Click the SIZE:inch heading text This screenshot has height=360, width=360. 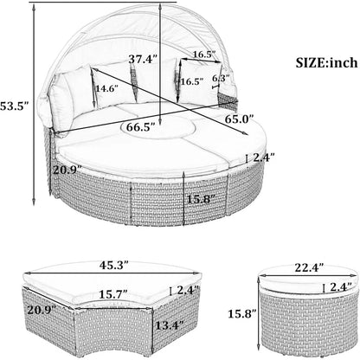(326, 62)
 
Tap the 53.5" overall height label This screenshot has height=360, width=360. (14, 106)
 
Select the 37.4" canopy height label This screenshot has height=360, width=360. (143, 59)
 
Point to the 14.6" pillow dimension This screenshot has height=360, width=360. (106, 88)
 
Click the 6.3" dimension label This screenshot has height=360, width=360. (221, 78)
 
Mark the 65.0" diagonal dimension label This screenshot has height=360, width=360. (240, 119)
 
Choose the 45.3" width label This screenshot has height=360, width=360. (113, 265)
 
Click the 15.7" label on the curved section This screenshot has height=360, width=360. (113, 294)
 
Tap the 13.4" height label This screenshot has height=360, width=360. (170, 325)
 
